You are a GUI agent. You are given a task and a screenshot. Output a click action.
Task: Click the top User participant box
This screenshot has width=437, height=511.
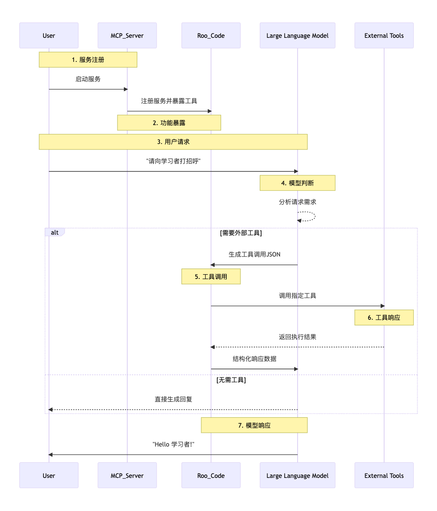pyautogui.click(x=49, y=36)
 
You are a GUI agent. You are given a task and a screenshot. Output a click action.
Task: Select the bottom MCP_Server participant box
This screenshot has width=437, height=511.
pyautogui.click(x=127, y=475)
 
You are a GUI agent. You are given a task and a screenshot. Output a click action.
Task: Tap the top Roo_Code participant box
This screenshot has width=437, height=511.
pyautogui.click(x=211, y=36)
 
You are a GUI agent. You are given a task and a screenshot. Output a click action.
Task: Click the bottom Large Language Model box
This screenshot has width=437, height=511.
pyautogui.click(x=297, y=475)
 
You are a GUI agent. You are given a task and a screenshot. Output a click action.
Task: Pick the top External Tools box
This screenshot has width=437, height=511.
pyautogui.click(x=384, y=36)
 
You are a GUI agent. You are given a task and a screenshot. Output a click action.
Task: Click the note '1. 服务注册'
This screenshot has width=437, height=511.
pyautogui.click(x=88, y=60)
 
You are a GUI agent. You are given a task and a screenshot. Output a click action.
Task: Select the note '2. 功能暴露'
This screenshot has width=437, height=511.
pyautogui.click(x=169, y=123)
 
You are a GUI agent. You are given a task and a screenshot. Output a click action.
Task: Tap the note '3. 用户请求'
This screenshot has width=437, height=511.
pyautogui.click(x=173, y=142)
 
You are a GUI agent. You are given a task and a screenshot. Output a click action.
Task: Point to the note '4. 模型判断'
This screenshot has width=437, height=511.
pyautogui.click(x=297, y=183)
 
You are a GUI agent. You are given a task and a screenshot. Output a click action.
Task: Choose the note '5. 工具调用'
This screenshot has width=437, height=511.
pyautogui.click(x=211, y=277)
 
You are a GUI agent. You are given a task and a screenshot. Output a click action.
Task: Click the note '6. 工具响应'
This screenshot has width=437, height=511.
pyautogui.click(x=384, y=318)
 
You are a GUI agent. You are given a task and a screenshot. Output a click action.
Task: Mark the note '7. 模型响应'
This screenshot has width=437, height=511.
pyautogui.click(x=254, y=425)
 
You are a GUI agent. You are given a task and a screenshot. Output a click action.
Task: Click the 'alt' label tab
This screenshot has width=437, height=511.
pyautogui.click(x=55, y=233)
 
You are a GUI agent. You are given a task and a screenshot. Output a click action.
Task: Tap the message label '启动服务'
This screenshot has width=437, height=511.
pyautogui.click(x=88, y=79)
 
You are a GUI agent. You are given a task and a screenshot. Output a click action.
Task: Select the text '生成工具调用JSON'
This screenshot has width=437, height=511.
pyautogui.click(x=254, y=254)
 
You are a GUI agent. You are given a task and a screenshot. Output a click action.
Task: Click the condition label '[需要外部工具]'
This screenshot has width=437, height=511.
pyautogui.click(x=241, y=233)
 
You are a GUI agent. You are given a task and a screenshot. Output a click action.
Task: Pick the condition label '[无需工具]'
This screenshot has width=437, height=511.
pyautogui.click(x=231, y=380)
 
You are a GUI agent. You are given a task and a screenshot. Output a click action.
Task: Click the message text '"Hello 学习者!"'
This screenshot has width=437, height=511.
pyautogui.click(x=173, y=444)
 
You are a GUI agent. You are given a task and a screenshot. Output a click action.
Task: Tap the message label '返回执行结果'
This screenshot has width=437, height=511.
pyautogui.click(x=297, y=337)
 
